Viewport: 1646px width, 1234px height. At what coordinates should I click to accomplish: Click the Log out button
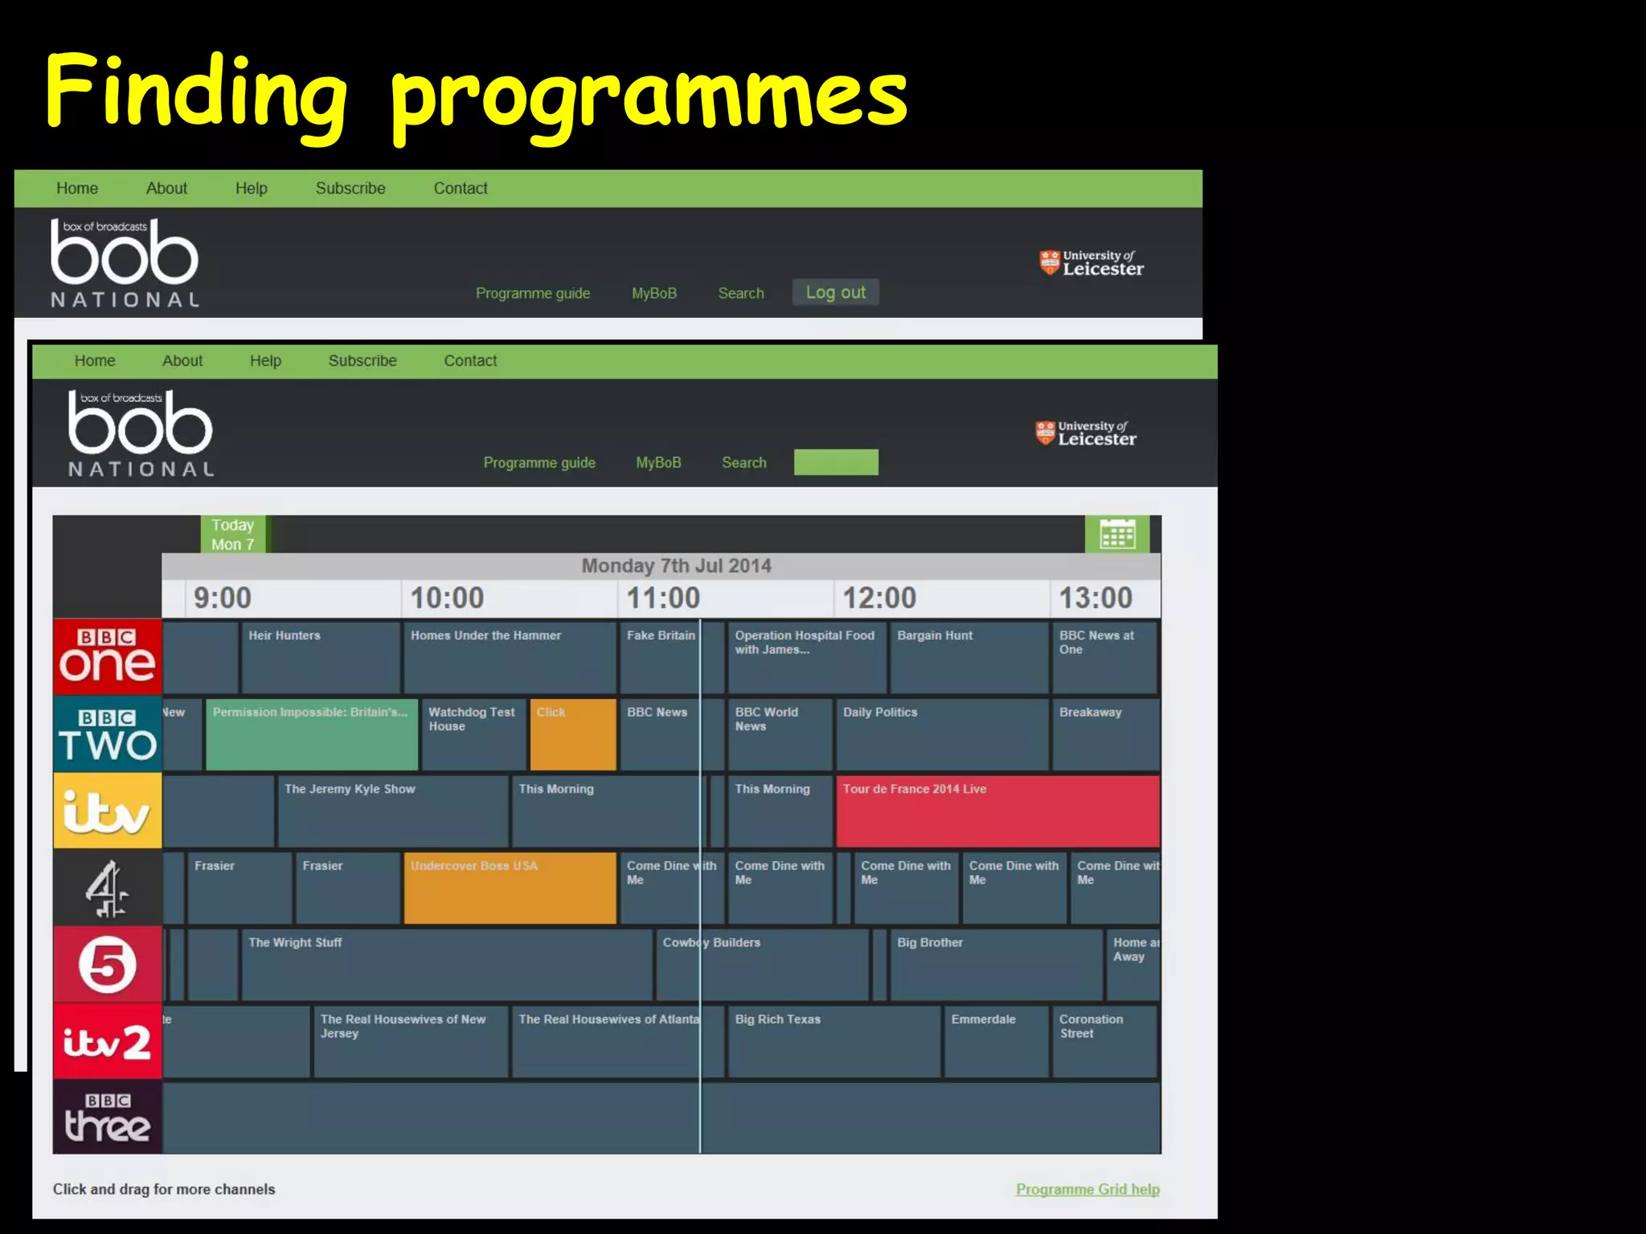835,292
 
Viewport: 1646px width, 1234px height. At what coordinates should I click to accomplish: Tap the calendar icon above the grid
1117,534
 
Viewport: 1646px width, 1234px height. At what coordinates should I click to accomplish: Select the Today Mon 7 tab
232,534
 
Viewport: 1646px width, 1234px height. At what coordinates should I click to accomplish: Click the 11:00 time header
663,598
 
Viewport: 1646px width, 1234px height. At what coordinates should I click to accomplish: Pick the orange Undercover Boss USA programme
510,888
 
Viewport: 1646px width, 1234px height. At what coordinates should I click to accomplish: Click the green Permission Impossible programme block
311,734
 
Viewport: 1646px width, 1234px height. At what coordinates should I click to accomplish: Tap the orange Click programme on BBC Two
572,734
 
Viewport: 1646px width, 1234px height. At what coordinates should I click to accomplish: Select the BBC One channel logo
107,656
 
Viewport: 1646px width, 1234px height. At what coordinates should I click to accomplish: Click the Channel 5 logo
107,964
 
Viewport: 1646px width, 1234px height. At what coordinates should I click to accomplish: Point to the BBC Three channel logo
107,1118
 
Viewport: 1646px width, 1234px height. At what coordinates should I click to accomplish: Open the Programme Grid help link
1087,1189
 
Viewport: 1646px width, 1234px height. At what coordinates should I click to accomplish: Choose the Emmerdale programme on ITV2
996,1041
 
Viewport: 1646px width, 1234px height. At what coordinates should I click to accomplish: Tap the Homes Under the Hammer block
510,656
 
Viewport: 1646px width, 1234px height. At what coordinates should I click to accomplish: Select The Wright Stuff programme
446,964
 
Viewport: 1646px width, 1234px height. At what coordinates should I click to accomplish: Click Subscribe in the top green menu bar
350,188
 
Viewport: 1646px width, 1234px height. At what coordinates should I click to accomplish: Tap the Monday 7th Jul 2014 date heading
676,566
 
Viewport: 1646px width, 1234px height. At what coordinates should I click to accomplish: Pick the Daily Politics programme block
942,734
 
